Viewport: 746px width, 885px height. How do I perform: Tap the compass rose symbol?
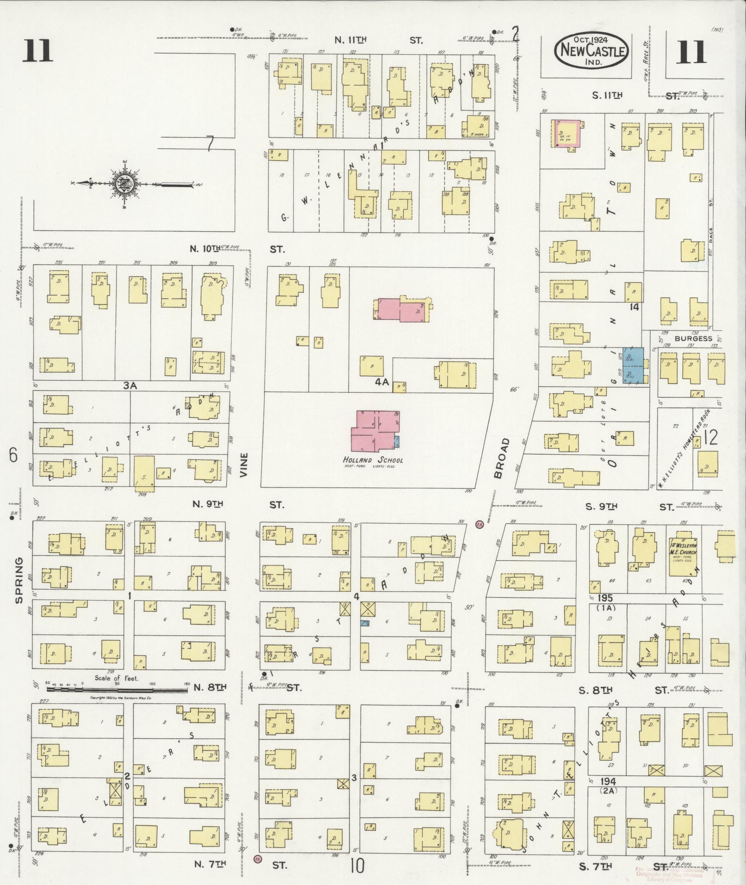tap(125, 185)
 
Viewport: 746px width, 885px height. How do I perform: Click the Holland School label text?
tap(373, 460)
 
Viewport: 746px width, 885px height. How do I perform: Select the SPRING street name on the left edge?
tap(19, 580)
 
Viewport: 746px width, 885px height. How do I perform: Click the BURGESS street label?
tap(693, 338)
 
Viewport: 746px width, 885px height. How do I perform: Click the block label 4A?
tap(382, 383)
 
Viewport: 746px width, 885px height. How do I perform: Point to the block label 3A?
tap(131, 384)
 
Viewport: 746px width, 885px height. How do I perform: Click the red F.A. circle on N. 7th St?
tap(257, 859)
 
